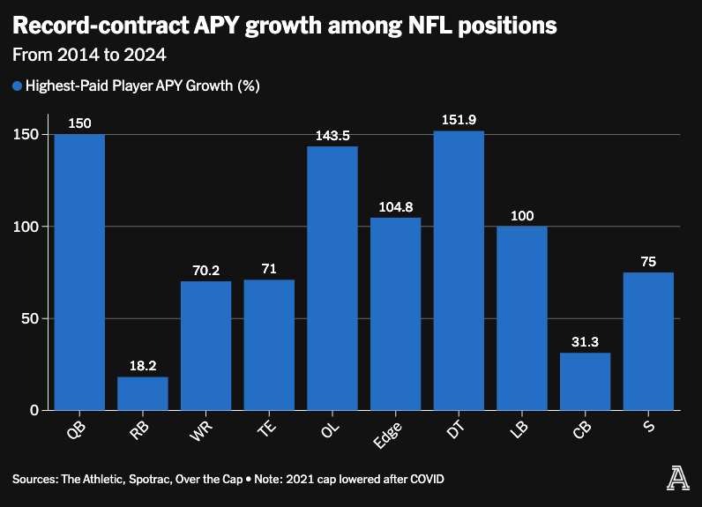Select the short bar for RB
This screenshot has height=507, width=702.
pyautogui.click(x=143, y=393)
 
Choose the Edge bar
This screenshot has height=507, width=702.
pyautogui.click(x=395, y=314)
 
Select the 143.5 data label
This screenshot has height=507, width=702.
pyautogui.click(x=332, y=136)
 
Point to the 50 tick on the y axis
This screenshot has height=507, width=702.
pyautogui.click(x=31, y=318)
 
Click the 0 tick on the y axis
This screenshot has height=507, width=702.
pyautogui.click(x=34, y=410)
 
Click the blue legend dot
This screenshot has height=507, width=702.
pyautogui.click(x=17, y=86)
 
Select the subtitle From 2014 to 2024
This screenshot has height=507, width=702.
pyautogui.click(x=89, y=55)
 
